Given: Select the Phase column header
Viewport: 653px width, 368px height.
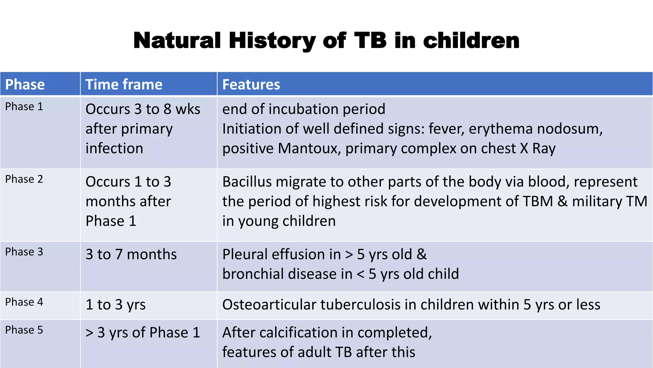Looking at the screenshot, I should (x=25, y=85).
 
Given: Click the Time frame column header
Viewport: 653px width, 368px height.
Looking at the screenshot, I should (x=124, y=85).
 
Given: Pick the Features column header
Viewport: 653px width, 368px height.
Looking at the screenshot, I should (x=251, y=85).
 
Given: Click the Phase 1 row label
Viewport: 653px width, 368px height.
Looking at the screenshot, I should (x=24, y=107).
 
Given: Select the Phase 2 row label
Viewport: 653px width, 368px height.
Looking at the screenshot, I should (x=24, y=179).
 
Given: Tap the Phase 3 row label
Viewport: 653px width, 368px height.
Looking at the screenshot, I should (x=24, y=252).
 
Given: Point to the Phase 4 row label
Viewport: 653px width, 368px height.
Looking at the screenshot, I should (x=24, y=302).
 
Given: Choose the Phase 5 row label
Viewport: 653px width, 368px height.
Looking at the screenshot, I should (x=24, y=330).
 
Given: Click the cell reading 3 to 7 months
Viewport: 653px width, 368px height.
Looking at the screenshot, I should (x=131, y=255).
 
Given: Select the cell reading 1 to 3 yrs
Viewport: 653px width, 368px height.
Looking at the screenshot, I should (x=115, y=305).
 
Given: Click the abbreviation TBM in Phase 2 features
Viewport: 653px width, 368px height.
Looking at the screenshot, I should (x=538, y=202).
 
